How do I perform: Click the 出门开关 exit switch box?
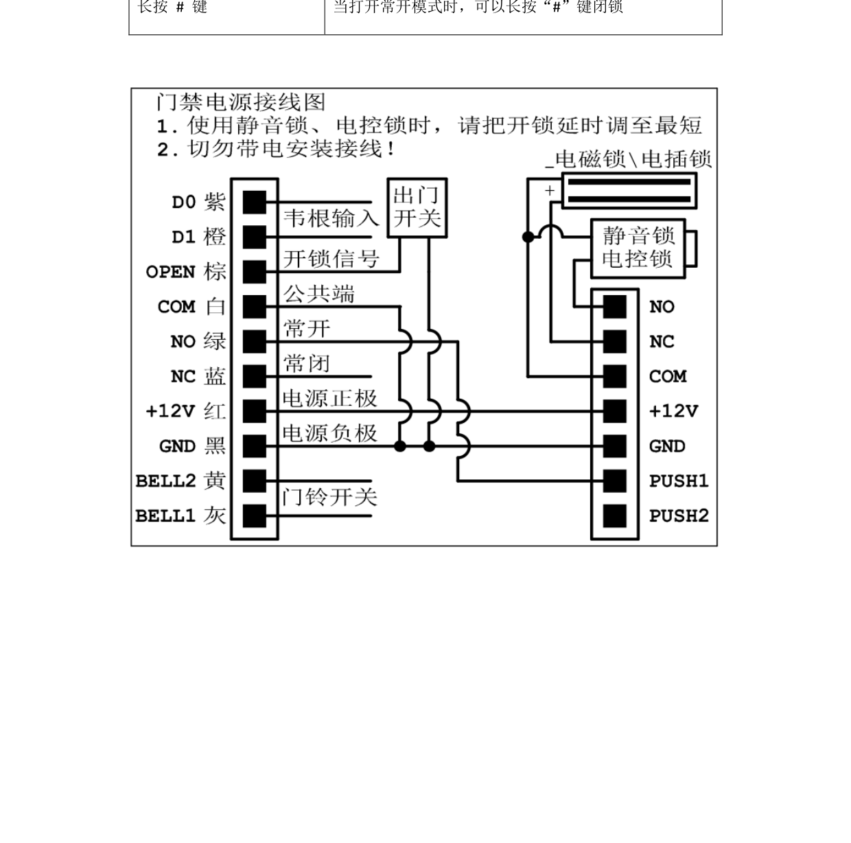pos(417,208)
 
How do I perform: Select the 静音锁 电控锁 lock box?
pos(638,249)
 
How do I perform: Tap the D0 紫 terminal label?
pos(198,202)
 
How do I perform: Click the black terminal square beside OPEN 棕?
pos(254,272)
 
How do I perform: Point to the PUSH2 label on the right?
pos(678,516)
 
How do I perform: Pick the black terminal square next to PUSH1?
pos(614,481)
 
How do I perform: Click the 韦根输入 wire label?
pos(331,218)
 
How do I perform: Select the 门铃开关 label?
pos(329,497)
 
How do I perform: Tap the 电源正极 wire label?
pos(329,398)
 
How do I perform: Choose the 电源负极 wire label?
pos(329,433)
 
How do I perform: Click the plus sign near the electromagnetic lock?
pos(549,191)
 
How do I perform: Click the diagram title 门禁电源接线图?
pos(240,102)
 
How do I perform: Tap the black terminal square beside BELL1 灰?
pos(254,516)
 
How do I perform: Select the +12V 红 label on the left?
pos(185,411)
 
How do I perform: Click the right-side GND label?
pos(666,446)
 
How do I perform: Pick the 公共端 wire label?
pos(319,295)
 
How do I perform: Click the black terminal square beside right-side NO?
pos(614,307)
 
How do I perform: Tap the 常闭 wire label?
pos(307,363)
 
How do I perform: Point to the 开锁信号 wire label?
pos(331,259)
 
